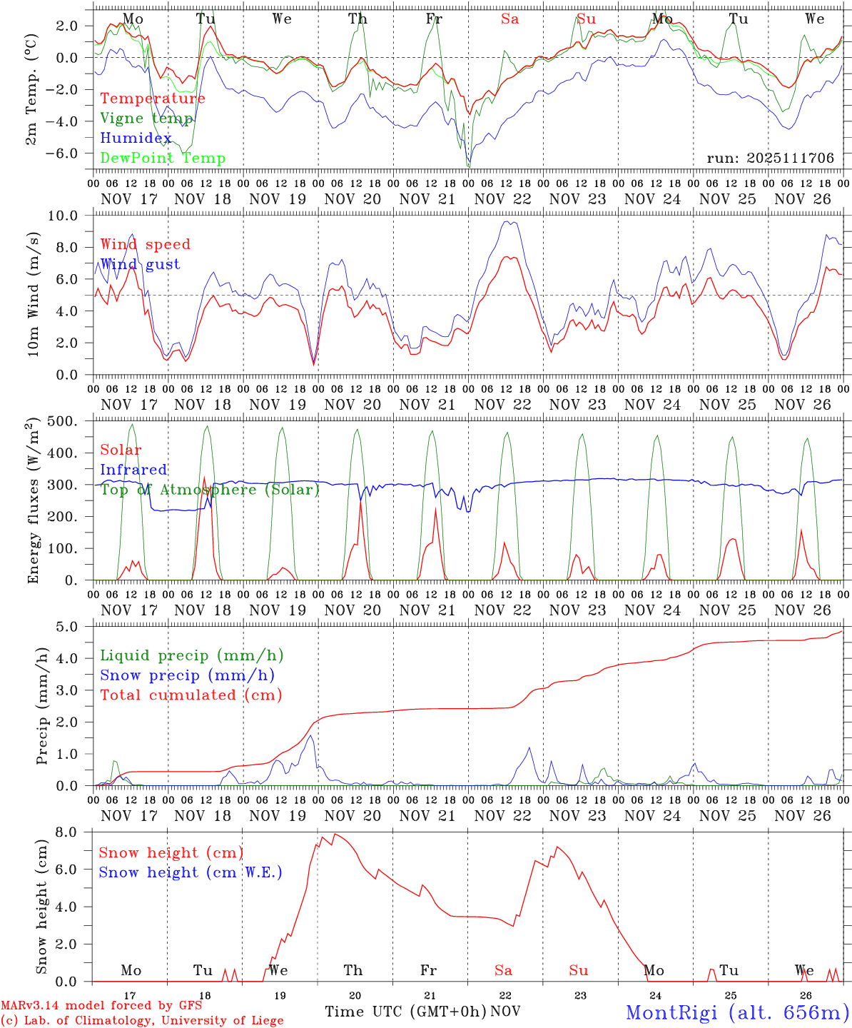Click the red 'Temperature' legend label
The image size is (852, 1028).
153,99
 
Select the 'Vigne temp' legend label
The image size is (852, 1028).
147,119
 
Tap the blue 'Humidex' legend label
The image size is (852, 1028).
136,138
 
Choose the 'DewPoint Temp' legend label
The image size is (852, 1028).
163,158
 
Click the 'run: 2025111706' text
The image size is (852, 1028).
770,158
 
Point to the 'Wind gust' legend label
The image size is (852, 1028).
140,264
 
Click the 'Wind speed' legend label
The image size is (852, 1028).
146,244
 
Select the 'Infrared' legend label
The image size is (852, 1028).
133,470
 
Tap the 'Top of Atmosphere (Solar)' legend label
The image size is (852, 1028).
210,490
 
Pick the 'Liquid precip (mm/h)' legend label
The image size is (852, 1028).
192,655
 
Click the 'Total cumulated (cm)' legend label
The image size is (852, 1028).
191,695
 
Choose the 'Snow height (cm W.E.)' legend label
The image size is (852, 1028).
191,872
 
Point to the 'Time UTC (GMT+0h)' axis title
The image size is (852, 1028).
405,1012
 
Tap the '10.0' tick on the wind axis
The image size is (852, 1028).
71,216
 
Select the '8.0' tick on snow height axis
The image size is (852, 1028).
76,832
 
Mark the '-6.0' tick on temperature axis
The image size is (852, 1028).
70,153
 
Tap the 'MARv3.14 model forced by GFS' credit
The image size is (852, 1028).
101,1006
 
